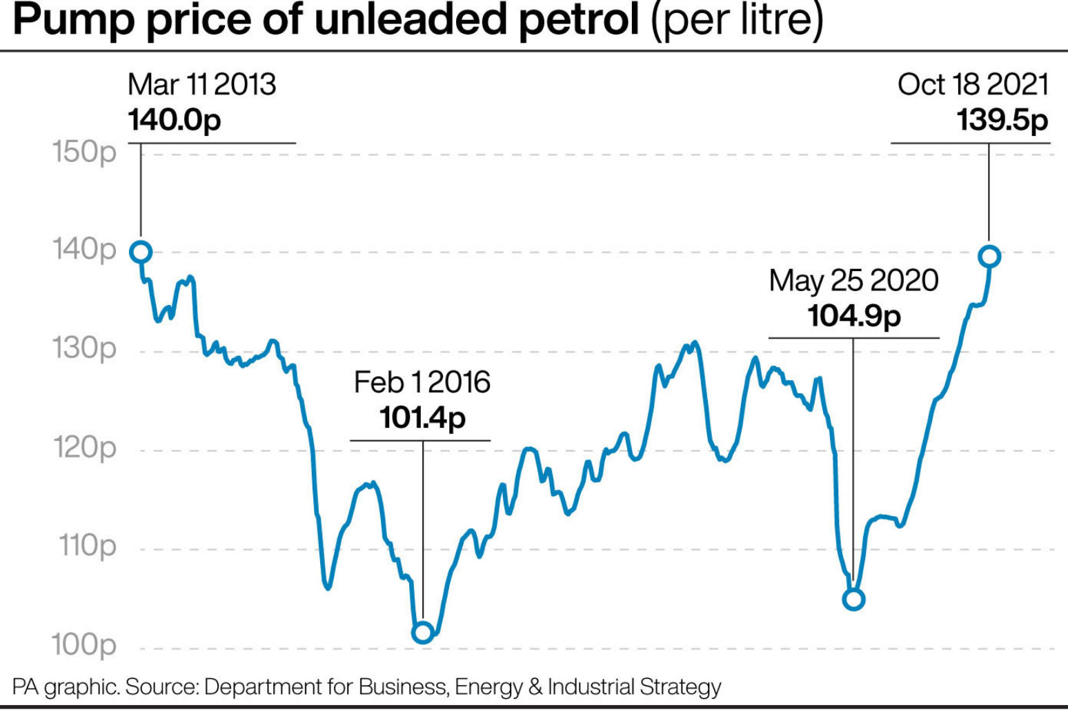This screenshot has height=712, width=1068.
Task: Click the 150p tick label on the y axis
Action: pyautogui.click(x=84, y=152)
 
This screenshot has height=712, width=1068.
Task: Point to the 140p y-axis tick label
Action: pyautogui.click(x=84, y=250)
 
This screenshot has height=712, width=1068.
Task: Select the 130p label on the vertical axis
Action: pyautogui.click(x=84, y=348)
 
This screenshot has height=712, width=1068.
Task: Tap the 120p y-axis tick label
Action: pyautogui.click(x=84, y=448)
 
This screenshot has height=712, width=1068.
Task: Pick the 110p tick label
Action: pyautogui.click(x=88, y=546)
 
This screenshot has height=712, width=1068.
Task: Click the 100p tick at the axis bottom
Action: pyautogui.click(x=84, y=645)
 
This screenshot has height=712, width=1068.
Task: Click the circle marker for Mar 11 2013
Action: pyautogui.click(x=141, y=253)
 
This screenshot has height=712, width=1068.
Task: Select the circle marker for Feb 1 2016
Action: pyautogui.click(x=422, y=632)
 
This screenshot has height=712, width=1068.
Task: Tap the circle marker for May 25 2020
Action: pyautogui.click(x=853, y=600)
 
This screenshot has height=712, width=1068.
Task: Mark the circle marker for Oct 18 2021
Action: pyautogui.click(x=989, y=257)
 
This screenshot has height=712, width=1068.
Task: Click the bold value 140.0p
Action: pyautogui.click(x=175, y=120)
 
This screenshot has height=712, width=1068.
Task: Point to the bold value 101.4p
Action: pyautogui.click(x=422, y=417)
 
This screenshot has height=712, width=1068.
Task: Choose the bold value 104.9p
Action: pyautogui.click(x=854, y=316)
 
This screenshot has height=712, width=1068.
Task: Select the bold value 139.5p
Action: pyautogui.click(x=1002, y=120)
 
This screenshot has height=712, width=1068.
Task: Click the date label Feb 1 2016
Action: pyautogui.click(x=422, y=382)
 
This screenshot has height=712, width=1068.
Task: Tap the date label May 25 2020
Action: pyautogui.click(x=854, y=281)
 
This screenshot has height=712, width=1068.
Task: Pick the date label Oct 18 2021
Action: pyautogui.click(x=973, y=85)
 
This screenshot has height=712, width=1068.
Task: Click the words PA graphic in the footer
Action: pyautogui.click(x=66, y=687)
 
